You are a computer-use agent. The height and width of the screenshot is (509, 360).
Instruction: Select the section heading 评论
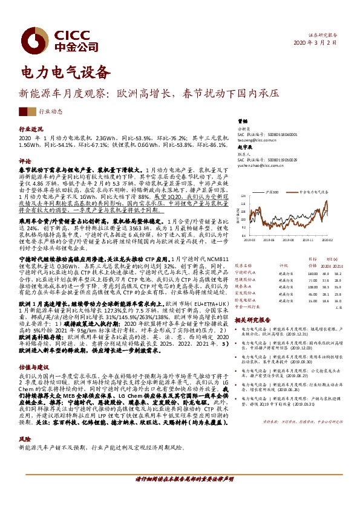click(x=25, y=161)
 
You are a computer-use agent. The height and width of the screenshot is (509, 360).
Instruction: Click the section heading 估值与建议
click(x=33, y=366)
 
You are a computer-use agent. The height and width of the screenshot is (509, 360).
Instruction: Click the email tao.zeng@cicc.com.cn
click(x=254, y=140)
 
